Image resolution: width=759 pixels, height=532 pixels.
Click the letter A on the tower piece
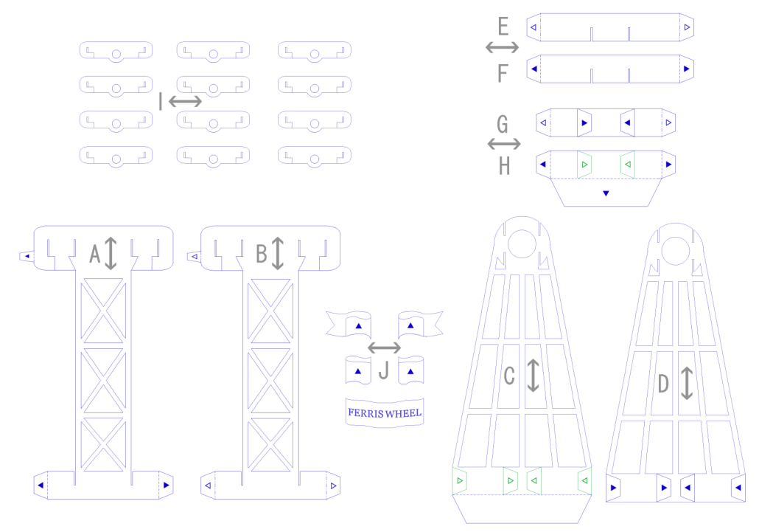pyautogui.click(x=94, y=254)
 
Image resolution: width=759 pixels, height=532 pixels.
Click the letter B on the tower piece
pyautogui.click(x=262, y=254)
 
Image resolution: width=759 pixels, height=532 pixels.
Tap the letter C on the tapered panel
pyautogui.click(x=509, y=376)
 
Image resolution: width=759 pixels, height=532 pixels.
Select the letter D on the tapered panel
pyautogui.click(x=663, y=384)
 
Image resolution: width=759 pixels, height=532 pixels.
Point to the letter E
pyautogui.click(x=503, y=27)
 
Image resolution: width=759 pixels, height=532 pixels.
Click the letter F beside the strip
pyautogui.click(x=503, y=73)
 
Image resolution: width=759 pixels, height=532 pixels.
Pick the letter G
pyautogui.click(x=503, y=122)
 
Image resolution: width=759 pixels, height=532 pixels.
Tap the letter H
pyautogui.click(x=504, y=166)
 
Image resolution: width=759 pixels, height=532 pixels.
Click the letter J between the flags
pyautogui.click(x=383, y=371)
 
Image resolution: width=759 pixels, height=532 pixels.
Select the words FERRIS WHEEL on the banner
pyautogui.click(x=385, y=412)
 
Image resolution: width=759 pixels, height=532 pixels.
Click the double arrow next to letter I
pyautogui.click(x=185, y=101)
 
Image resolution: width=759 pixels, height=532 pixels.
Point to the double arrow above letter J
pyautogui.click(x=384, y=347)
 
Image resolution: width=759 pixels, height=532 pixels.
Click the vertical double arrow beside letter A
pyautogui.click(x=111, y=253)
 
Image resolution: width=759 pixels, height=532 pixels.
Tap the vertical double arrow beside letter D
pyautogui.click(x=687, y=384)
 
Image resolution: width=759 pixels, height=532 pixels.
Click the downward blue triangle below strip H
pyautogui.click(x=606, y=193)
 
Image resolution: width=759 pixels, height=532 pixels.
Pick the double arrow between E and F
pyautogui.click(x=503, y=48)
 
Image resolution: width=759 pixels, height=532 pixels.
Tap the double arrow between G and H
pyautogui.click(x=504, y=143)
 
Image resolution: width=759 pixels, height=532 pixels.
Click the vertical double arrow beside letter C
pyautogui.click(x=534, y=375)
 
